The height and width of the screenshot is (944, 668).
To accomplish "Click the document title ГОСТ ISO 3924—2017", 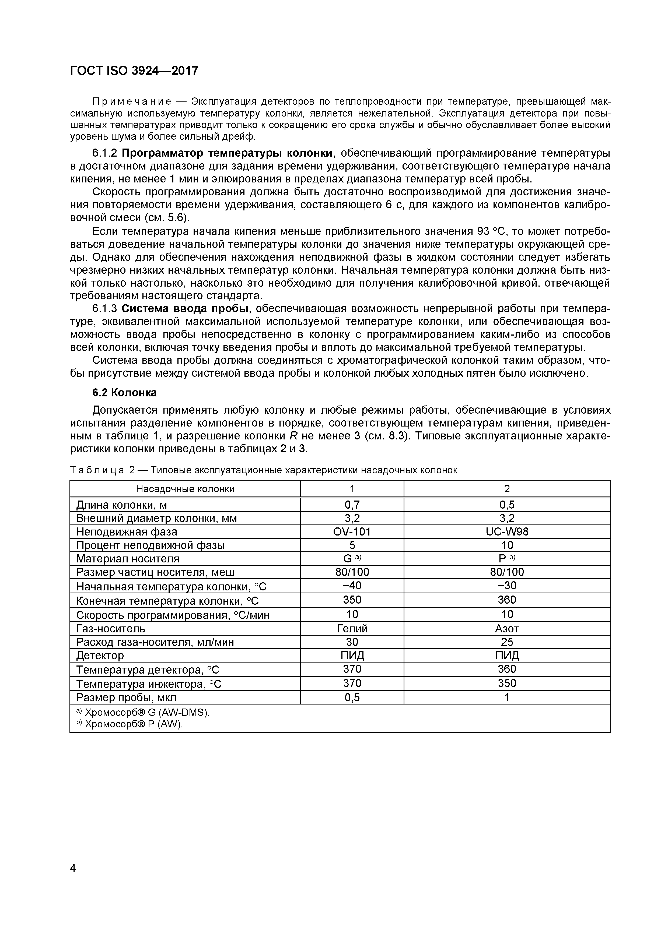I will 134,71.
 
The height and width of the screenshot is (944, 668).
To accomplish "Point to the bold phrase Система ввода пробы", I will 186,309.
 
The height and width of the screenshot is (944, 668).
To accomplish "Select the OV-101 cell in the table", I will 352,532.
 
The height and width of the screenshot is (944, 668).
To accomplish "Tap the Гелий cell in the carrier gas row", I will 352,629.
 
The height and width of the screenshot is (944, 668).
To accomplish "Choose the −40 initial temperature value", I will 352,586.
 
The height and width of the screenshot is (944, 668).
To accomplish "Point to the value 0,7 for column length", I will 352,505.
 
